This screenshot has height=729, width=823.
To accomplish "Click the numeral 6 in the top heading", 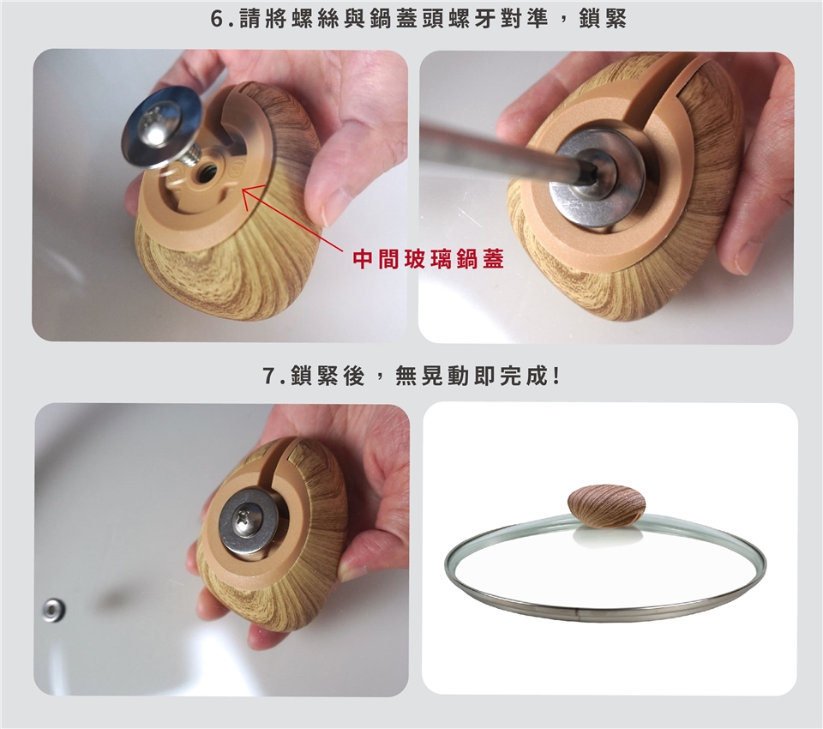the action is tap(217, 20).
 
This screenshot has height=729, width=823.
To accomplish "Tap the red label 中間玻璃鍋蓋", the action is tap(429, 259).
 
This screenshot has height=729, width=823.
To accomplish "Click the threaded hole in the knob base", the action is tap(204, 172).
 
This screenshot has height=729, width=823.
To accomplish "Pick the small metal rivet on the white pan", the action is tap(53, 611).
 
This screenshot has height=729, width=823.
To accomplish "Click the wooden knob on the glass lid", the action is tap(606, 506).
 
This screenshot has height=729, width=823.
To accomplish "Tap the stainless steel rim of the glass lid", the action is tap(604, 605).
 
